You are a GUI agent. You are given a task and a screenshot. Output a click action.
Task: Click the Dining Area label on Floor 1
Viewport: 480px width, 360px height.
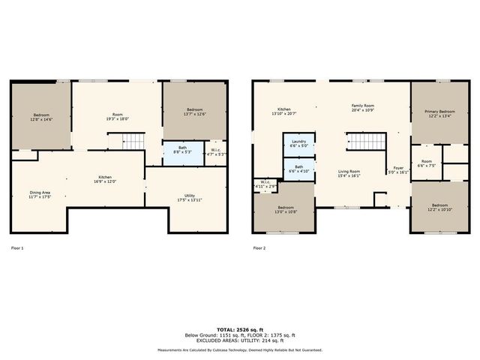click(40, 194)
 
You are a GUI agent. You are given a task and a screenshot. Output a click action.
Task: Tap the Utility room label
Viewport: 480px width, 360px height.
click(190, 198)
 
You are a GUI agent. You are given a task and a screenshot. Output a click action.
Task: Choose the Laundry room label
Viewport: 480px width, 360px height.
click(298, 143)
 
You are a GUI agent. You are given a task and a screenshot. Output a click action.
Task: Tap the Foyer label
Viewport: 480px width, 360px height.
click(398, 169)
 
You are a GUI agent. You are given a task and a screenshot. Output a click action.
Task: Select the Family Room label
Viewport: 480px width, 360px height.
click(363, 109)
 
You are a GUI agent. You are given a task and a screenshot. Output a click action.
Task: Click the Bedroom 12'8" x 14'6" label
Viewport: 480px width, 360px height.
click(40, 118)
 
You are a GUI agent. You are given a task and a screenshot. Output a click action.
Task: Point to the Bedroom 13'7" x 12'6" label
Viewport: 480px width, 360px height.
click(195, 112)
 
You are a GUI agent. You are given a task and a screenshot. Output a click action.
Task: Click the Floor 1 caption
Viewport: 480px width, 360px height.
click(18, 247)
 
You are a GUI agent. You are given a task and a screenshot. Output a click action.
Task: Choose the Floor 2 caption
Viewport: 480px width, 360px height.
click(259, 247)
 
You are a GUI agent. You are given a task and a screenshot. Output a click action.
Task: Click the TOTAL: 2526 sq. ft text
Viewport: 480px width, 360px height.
click(240, 329)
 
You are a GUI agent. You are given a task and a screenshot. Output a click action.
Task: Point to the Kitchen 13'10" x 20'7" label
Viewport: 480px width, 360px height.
click(284, 112)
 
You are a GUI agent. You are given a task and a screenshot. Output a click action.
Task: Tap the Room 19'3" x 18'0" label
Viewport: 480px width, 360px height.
click(117, 116)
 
